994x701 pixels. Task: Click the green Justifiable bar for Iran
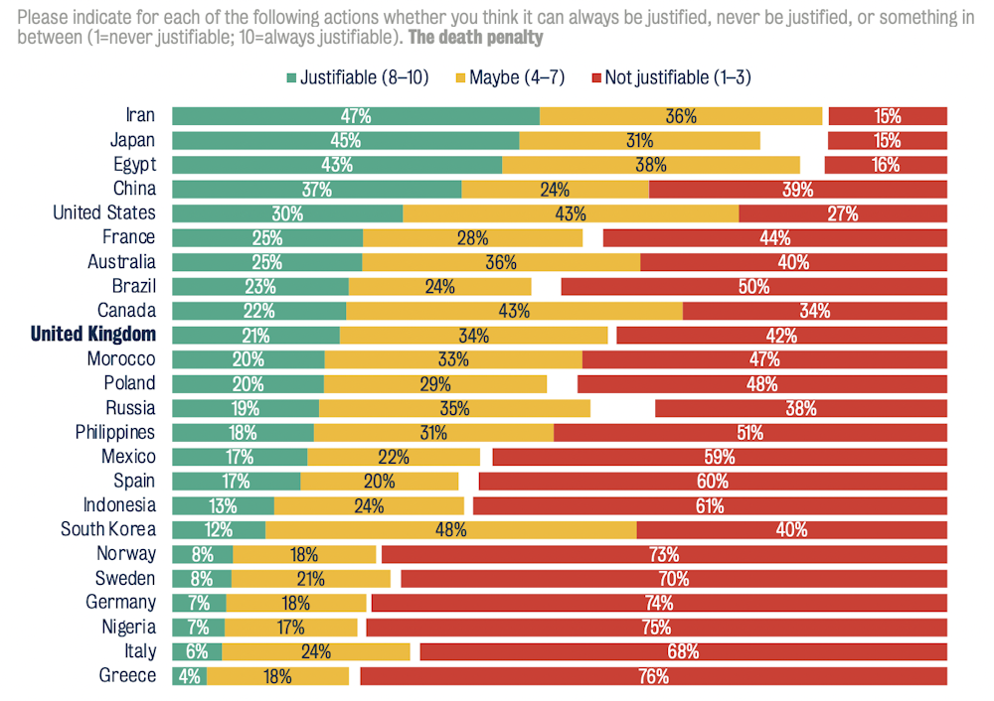pyautogui.click(x=355, y=116)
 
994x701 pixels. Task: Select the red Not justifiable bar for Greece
pyautogui.click(x=653, y=677)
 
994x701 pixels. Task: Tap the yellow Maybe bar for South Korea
pyautogui.click(x=450, y=530)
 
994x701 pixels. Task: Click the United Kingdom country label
pyautogui.click(x=93, y=335)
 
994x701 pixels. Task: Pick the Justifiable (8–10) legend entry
pyautogui.click(x=357, y=77)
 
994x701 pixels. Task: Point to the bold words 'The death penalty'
pyautogui.click(x=480, y=38)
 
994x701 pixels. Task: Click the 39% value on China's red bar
pyautogui.click(x=797, y=190)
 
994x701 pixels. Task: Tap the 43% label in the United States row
pyautogui.click(x=571, y=213)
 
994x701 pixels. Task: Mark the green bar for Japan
pyautogui.click(x=345, y=141)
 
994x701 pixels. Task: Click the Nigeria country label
pyautogui.click(x=128, y=628)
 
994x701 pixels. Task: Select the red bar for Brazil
pyautogui.click(x=753, y=287)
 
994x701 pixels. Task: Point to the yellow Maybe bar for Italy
pyautogui.click(x=315, y=652)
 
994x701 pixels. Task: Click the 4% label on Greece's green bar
pyautogui.click(x=189, y=677)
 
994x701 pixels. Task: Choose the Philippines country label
pyautogui.click(x=115, y=433)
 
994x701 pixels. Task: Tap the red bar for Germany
pyautogui.click(x=658, y=604)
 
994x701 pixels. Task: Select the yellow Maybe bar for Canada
pyautogui.click(x=514, y=311)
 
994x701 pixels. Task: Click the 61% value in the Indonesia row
pyautogui.click(x=710, y=506)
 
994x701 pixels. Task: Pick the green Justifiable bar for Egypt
pyautogui.click(x=337, y=165)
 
